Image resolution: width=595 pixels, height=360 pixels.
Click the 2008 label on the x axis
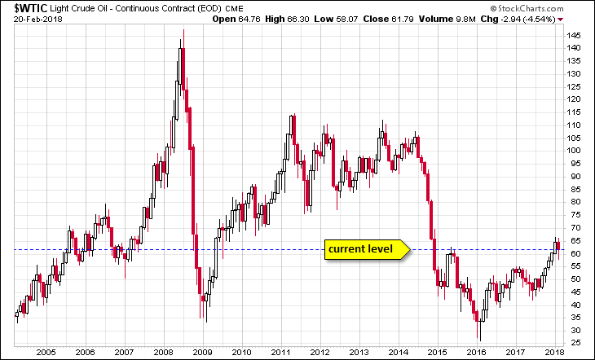[x=161, y=352]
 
